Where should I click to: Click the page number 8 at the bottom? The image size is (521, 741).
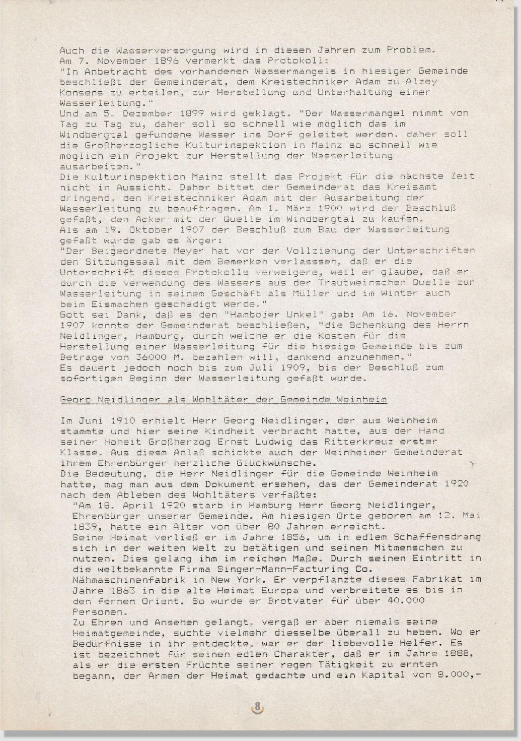click(257, 707)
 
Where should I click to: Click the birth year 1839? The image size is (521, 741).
click(85, 526)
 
